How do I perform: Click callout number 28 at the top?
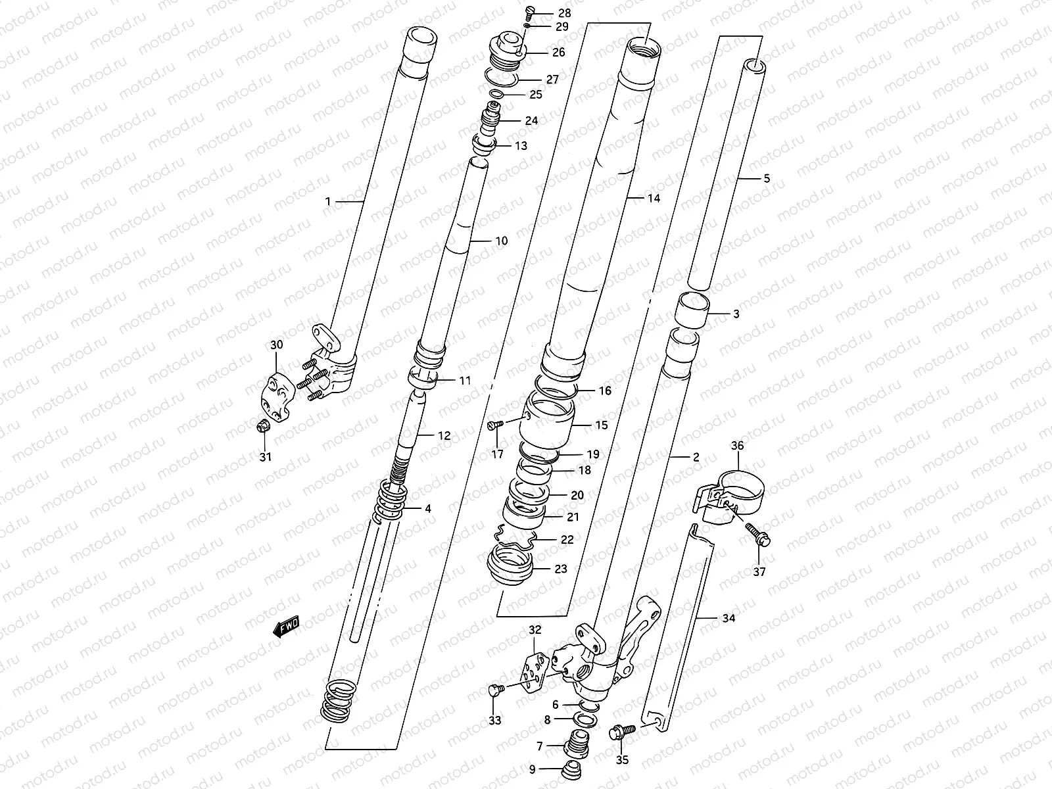coord(564,13)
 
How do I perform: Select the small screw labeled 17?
coord(495,425)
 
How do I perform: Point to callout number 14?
coord(653,198)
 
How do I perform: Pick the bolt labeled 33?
coord(496,690)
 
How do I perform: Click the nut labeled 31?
coord(262,427)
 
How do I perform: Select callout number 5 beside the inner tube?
coord(765,178)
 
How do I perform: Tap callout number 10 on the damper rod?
coord(501,241)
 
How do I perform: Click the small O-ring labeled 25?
coord(497,95)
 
